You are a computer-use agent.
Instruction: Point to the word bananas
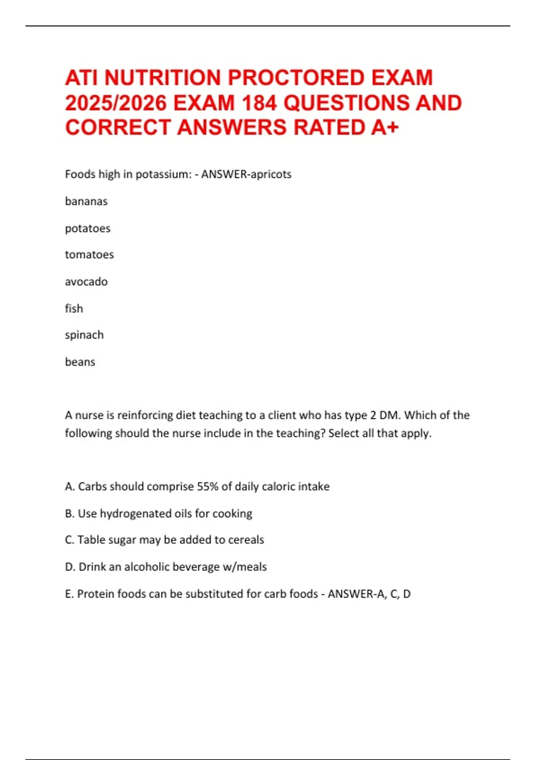(86, 202)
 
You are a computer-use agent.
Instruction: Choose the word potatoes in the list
(88, 228)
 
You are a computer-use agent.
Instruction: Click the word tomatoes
(89, 255)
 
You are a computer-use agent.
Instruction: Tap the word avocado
(86, 282)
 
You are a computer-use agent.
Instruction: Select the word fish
(74, 308)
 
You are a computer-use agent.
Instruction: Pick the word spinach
(84, 335)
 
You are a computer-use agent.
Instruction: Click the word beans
(80, 362)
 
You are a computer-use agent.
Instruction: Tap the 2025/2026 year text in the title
(116, 103)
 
